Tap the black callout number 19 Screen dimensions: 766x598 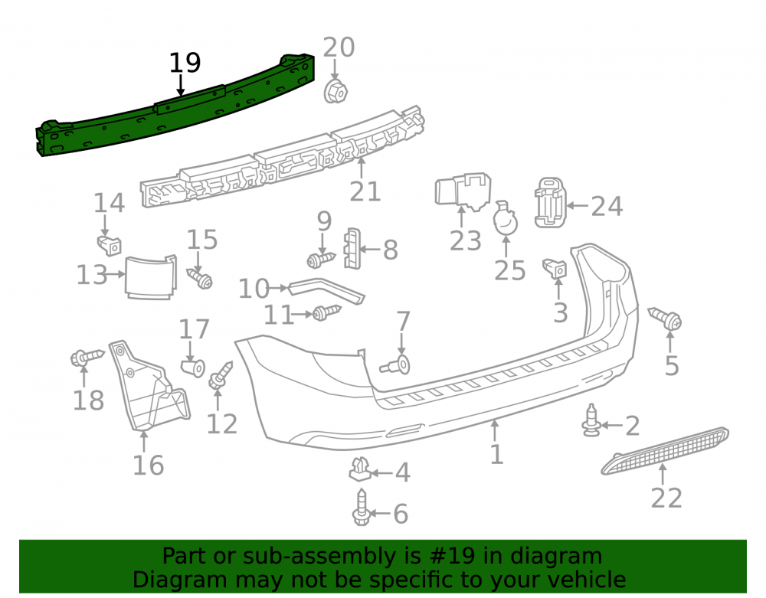(185, 64)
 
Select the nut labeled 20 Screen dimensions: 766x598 (336, 91)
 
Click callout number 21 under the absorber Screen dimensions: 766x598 (365, 191)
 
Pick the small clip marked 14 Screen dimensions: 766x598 (110, 245)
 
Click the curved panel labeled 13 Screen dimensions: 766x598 (150, 276)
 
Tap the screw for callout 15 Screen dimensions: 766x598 (200, 278)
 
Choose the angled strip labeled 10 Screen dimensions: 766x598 (326, 291)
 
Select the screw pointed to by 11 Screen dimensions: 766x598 (326, 312)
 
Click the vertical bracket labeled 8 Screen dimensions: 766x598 (352, 249)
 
